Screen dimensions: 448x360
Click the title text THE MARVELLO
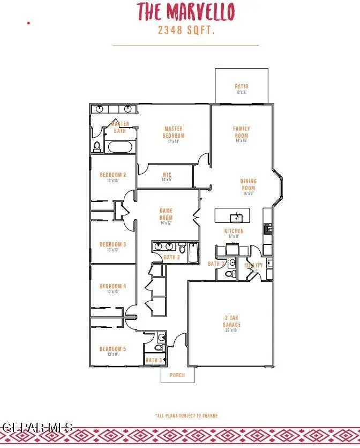185,12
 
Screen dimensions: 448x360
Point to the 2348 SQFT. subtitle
186,31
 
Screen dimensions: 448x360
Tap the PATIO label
242,86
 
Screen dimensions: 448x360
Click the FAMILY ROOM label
242,132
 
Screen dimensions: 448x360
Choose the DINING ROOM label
248,184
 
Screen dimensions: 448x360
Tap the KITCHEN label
234,231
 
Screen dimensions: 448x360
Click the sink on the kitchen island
236,216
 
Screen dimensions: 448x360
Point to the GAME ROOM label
166,214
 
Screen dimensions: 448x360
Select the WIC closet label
167,175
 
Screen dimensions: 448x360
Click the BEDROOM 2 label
112,175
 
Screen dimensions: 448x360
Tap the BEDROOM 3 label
112,244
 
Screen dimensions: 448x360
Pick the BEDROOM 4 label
112,286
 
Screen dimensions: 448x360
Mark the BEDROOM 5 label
112,349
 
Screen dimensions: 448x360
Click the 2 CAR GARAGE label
231,321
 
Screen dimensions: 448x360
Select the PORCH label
177,375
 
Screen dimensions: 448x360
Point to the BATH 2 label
171,258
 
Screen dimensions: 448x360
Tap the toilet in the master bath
97,145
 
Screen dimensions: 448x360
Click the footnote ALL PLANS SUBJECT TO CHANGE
186,415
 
